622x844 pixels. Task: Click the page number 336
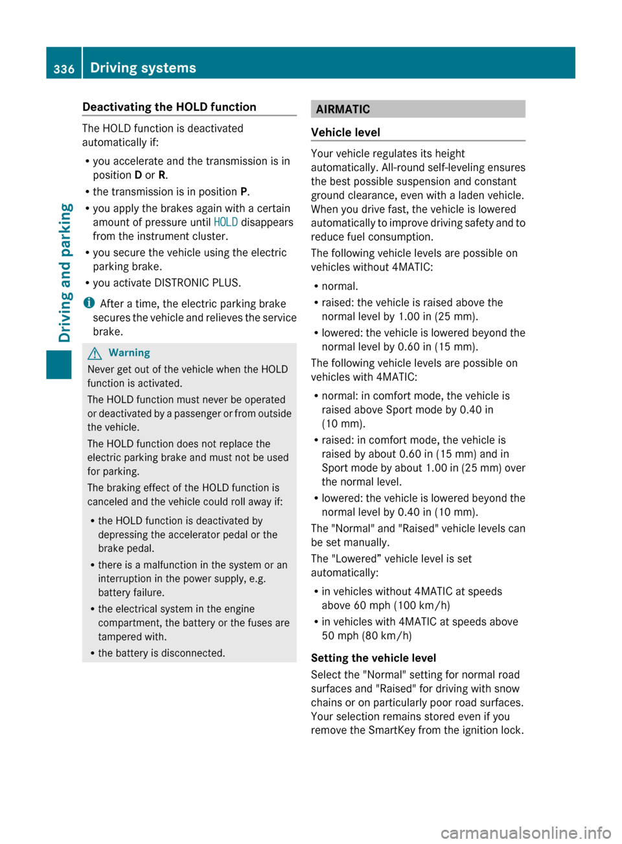[63, 69]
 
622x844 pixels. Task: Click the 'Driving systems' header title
[143, 67]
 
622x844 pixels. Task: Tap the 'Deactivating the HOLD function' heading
[169, 107]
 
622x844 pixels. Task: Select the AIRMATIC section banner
[417, 109]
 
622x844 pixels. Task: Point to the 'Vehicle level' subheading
[345, 132]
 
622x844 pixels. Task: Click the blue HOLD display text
[225, 222]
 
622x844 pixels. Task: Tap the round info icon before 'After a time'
[89, 303]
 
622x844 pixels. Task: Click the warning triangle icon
[95, 353]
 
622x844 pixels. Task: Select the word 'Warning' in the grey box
[129, 353]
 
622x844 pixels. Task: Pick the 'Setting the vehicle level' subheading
[373, 658]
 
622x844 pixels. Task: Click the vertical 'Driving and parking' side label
[65, 272]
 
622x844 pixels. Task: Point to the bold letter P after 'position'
[244, 191]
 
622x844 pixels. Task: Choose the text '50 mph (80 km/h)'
[367, 635]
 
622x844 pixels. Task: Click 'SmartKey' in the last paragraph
[391, 730]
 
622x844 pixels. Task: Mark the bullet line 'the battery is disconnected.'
[161, 653]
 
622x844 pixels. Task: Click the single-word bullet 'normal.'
[340, 286]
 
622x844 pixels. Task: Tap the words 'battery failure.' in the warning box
[132, 592]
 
